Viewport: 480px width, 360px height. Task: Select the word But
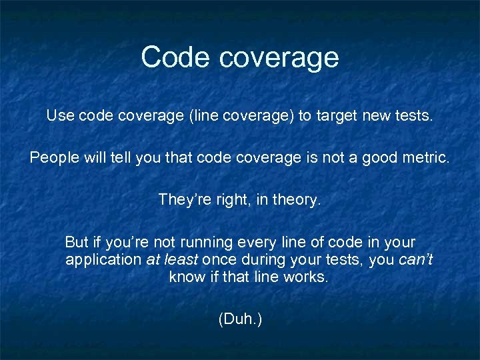[77, 241]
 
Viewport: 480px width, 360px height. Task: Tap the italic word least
[181, 259]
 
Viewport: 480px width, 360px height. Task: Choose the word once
[219, 259]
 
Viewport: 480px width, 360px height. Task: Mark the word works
[309, 277]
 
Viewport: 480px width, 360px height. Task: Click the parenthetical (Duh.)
[240, 319]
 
